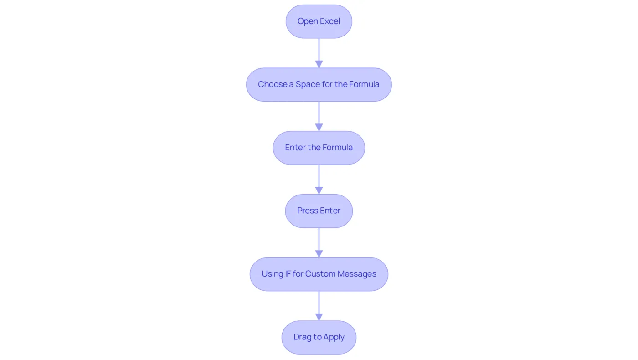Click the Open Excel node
319,21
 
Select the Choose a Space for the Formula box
319,85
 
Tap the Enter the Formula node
319,148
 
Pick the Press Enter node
319,211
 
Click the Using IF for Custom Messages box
319,274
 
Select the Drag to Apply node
319,338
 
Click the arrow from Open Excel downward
319,53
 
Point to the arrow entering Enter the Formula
319,116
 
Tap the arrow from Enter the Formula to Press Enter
319,180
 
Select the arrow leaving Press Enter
319,242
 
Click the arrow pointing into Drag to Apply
319,306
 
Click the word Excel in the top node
330,21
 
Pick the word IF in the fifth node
288,274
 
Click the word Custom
320,274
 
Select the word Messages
357,274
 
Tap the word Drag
303,337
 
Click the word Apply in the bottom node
334,338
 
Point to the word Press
308,211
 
